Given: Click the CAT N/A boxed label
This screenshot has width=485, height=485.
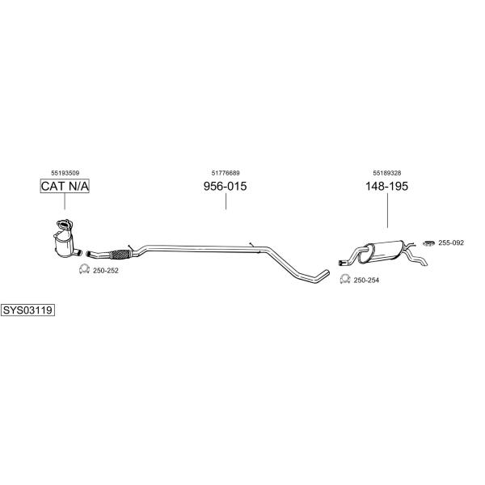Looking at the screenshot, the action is (65, 186).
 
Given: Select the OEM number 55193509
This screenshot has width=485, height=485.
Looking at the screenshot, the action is (65, 173).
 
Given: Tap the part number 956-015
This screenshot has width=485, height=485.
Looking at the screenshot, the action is (226, 186).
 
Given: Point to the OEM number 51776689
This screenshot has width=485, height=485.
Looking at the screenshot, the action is (226, 173).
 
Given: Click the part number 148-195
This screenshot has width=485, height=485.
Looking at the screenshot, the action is (386, 186).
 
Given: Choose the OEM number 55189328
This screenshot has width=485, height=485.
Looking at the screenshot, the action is (387, 173).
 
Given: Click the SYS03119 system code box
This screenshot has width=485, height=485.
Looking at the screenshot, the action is (27, 310).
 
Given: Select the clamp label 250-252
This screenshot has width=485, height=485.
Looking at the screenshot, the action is (106, 271).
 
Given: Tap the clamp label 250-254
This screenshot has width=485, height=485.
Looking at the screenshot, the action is (366, 280).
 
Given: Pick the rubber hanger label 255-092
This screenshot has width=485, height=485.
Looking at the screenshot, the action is (451, 242).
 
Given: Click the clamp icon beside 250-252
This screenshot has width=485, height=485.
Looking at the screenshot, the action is (84, 269).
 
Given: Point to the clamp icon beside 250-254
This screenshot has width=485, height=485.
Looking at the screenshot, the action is (345, 279).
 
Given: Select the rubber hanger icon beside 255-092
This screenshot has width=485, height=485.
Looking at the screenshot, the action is (429, 243).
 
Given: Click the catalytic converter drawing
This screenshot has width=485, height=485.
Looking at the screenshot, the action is (66, 240).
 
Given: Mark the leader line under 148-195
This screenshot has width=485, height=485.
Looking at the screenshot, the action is (387, 210).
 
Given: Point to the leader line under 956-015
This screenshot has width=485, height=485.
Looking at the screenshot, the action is (226, 201).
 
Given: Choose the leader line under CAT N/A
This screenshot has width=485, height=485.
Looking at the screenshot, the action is (65, 201).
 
